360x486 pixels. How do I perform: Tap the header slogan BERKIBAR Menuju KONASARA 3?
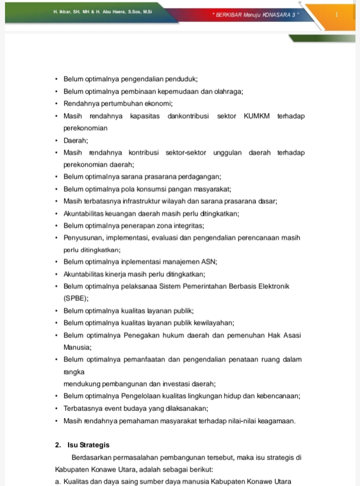pos(255,15)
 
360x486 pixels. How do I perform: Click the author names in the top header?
pos(102,10)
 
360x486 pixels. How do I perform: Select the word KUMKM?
pos(256,116)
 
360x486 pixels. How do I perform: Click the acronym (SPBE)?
pos(76,298)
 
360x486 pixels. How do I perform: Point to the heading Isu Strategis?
pos(89,445)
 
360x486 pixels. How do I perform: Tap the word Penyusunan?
pos(82,237)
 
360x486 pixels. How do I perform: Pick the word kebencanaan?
pos(278,396)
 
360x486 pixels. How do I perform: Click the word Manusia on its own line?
pos(77,347)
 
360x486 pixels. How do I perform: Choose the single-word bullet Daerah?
pos(75,140)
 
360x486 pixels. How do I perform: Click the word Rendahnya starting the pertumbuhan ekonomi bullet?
pos(81,104)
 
